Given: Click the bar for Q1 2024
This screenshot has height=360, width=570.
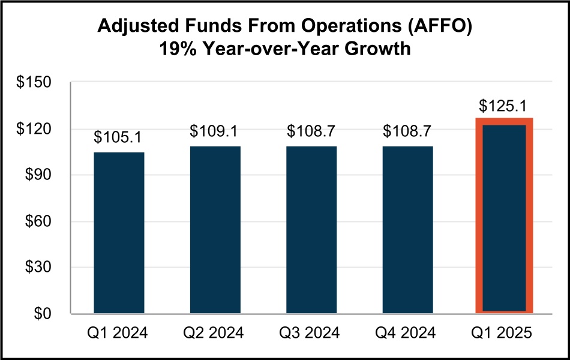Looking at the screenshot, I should tap(119, 233).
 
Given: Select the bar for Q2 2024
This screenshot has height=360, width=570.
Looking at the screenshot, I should tap(215, 230).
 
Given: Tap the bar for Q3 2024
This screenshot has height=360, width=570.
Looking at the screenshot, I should tap(311, 230).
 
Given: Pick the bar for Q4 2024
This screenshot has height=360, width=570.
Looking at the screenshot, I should tap(408, 230).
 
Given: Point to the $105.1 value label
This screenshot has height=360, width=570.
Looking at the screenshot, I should tap(119, 137).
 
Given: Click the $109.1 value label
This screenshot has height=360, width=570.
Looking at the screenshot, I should tap(215, 131).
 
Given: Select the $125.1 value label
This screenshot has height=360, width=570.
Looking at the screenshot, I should tap(504, 106).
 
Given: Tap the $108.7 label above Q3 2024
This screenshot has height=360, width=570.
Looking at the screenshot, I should tap(311, 131).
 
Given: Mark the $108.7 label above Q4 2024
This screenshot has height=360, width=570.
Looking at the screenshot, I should tap(408, 131).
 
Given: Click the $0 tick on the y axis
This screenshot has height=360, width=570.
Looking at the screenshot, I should tap(44, 314).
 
